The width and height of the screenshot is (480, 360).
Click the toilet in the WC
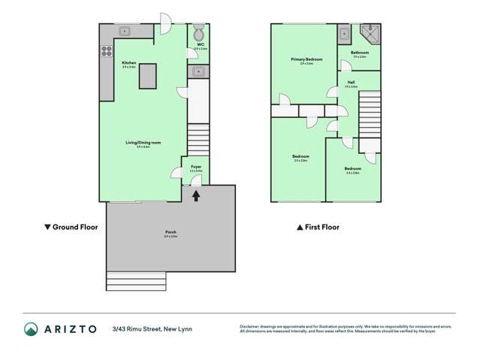[198, 33]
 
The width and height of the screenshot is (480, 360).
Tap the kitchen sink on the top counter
[125, 31]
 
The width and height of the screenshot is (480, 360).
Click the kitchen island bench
[147, 77]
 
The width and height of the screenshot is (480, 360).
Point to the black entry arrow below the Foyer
[196, 195]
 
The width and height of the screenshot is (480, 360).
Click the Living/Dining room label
[138, 143]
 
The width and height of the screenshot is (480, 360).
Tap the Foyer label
[195, 167]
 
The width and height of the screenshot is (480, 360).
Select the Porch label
[171, 234]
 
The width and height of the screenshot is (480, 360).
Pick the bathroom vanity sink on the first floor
[343, 34]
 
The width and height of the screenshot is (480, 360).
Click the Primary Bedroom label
[302, 59]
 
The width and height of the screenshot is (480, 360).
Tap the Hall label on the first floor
[351, 82]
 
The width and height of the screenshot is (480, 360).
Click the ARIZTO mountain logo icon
[31, 329]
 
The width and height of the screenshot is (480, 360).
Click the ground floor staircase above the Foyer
[197, 140]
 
